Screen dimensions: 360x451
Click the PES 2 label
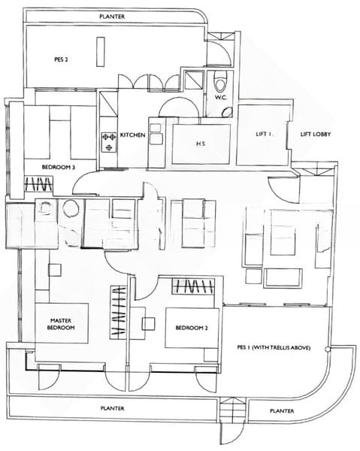(61, 59)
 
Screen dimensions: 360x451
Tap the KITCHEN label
(132, 135)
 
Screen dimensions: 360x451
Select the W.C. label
(221, 97)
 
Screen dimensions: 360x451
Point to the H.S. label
(201, 144)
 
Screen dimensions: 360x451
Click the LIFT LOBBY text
(316, 134)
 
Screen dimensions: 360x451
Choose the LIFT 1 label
(264, 134)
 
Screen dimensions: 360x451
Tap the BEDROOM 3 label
(59, 167)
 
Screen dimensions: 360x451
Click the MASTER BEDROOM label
(61, 324)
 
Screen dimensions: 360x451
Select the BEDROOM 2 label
(192, 328)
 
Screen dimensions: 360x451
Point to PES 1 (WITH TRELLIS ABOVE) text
(274, 347)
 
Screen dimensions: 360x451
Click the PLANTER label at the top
(112, 17)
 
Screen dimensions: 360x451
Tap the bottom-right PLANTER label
(282, 410)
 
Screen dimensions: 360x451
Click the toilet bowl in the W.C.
(220, 82)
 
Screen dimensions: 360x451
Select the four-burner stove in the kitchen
(109, 141)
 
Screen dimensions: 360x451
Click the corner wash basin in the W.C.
(228, 112)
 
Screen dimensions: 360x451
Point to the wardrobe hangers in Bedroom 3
(38, 183)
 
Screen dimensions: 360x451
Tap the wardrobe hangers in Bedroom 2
(193, 286)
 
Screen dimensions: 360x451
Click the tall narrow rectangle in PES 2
(101, 52)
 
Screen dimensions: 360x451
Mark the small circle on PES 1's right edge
(327, 350)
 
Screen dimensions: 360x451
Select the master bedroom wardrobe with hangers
(118, 312)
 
